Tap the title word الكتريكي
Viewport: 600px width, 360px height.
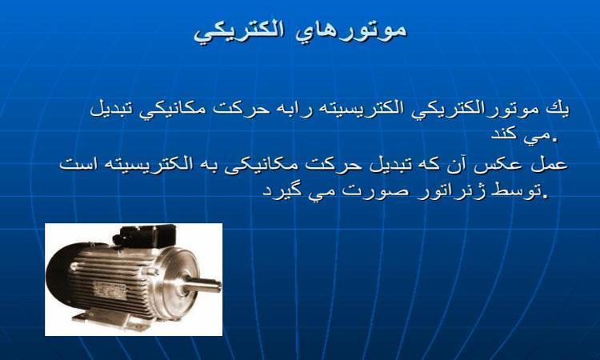[238, 32]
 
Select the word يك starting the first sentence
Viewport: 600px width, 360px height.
[558, 109]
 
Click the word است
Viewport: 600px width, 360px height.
[75, 164]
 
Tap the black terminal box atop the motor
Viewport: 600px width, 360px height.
[146, 234]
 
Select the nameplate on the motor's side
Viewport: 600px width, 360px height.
[110, 290]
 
